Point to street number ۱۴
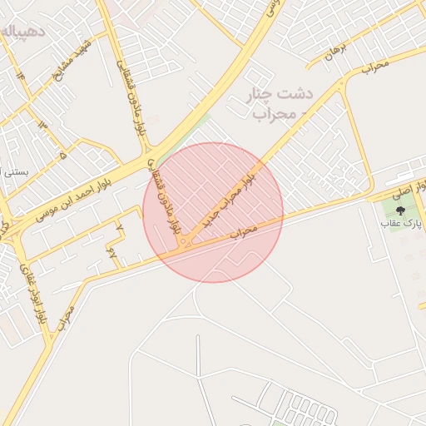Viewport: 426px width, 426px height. [20, 77]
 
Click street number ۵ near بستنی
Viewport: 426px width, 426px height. [63, 155]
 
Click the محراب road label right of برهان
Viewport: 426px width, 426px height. [375, 66]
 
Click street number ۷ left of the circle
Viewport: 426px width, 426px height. [119, 226]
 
